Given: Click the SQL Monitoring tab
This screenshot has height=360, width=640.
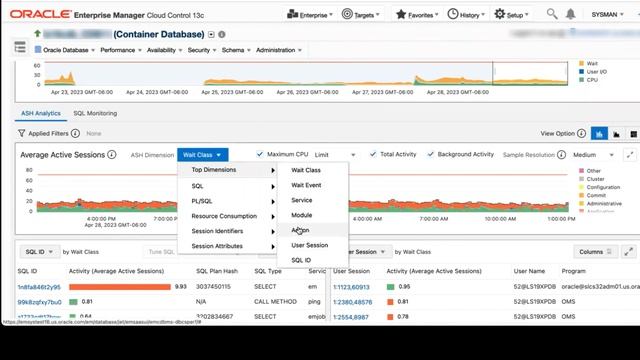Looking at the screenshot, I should point(95,113).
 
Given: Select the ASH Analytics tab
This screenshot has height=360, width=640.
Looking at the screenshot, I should point(42,113).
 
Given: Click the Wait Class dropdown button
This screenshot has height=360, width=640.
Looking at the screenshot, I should point(203,155).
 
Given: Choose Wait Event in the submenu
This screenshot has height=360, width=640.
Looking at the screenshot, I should point(306,185).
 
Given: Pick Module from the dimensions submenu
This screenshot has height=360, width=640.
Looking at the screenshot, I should point(301,215).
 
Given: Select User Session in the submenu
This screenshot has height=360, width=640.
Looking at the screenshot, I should point(309,245).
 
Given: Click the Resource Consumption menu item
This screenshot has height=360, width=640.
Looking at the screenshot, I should point(224,215).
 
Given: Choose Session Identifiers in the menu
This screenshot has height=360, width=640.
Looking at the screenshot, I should point(217,230).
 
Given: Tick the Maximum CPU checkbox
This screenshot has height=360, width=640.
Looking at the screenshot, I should point(260,154).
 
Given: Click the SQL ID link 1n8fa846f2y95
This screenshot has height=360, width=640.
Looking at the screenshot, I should point(40,286).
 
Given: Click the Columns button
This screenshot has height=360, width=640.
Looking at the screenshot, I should point(594,252).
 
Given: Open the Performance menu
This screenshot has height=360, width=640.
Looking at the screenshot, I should point(121,49).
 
